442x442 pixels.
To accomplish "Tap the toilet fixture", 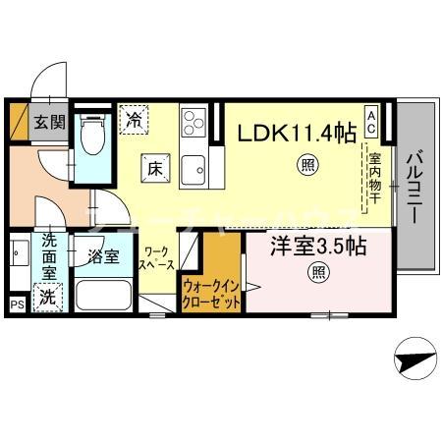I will pos(93,137).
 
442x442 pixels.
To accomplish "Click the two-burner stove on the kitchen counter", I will pos(191,125).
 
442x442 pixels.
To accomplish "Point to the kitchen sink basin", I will pos(193,164).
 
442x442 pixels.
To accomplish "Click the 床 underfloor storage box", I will pos(154,167).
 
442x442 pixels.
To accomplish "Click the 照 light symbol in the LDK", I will pos(307,165).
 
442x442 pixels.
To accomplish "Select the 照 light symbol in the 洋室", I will pos(318,271).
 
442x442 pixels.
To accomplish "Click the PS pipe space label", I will pos(17,305).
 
